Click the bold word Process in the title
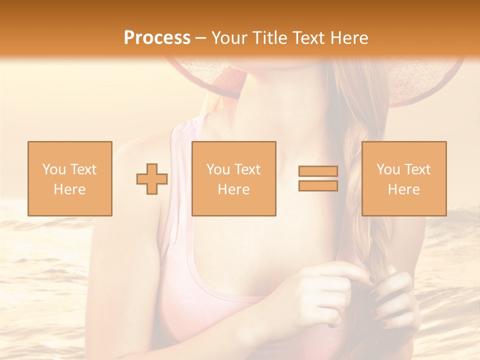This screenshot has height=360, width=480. [x=157, y=38]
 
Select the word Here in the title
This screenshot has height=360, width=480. [x=348, y=38]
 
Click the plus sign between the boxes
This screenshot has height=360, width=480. [x=152, y=179]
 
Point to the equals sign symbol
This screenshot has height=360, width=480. [x=318, y=178]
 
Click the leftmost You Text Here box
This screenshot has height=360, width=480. [x=69, y=178]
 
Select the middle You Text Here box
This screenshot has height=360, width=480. [x=233, y=178]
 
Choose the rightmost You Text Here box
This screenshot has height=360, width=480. [x=403, y=178]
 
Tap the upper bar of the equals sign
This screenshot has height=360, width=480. [x=318, y=171]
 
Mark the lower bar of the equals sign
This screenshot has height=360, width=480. [x=318, y=185]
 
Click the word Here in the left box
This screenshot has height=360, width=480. [x=69, y=189]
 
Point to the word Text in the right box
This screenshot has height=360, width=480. [x=416, y=169]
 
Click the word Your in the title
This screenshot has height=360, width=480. [x=229, y=38]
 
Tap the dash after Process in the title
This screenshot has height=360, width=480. [x=200, y=38]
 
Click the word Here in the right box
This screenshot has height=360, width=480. [x=403, y=189]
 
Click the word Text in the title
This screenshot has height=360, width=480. [x=307, y=38]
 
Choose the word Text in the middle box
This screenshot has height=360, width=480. [x=246, y=169]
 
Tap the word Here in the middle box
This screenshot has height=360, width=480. [x=233, y=189]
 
